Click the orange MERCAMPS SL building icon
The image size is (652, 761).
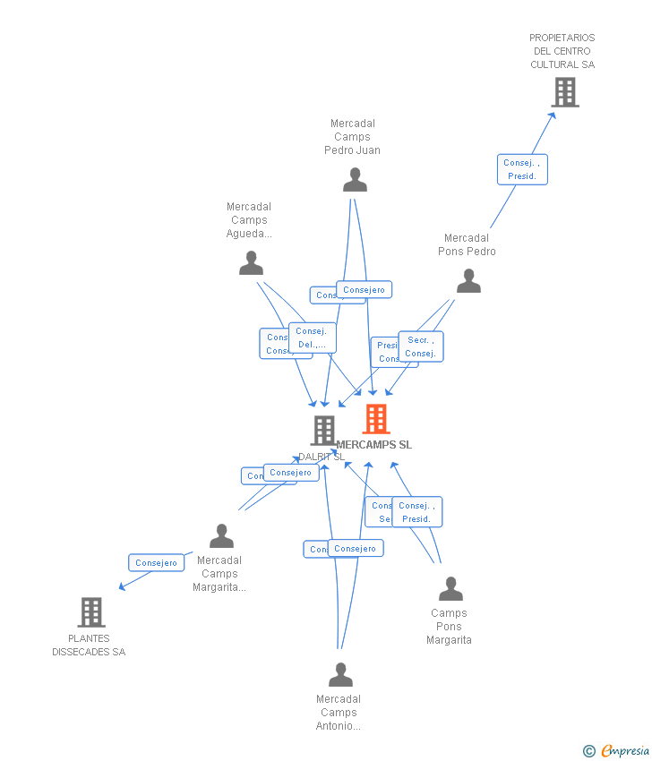(x=376, y=418)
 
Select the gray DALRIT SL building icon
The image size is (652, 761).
(x=323, y=431)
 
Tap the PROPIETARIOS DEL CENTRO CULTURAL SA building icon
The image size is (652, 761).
(x=564, y=92)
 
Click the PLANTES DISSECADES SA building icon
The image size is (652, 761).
(x=91, y=612)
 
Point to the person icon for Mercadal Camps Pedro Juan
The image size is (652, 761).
(x=355, y=180)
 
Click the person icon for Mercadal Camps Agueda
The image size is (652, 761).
(x=251, y=263)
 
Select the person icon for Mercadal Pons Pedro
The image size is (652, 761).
(x=468, y=281)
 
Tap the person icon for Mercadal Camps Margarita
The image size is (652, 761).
(x=221, y=536)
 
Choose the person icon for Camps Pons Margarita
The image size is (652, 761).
(x=450, y=589)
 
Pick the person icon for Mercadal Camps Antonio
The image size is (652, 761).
(x=340, y=674)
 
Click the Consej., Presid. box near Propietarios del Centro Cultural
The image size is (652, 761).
(x=522, y=169)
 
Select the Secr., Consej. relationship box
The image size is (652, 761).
(x=420, y=346)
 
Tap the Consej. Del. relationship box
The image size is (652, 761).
(x=313, y=338)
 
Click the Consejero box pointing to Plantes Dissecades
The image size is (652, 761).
(x=157, y=563)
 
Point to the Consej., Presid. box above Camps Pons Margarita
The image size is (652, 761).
(x=416, y=512)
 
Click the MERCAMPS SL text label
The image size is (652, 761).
(x=374, y=445)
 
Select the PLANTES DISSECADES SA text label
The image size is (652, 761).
(x=89, y=646)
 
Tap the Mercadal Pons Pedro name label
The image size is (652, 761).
(x=467, y=244)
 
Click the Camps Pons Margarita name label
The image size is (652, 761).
(x=449, y=627)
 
